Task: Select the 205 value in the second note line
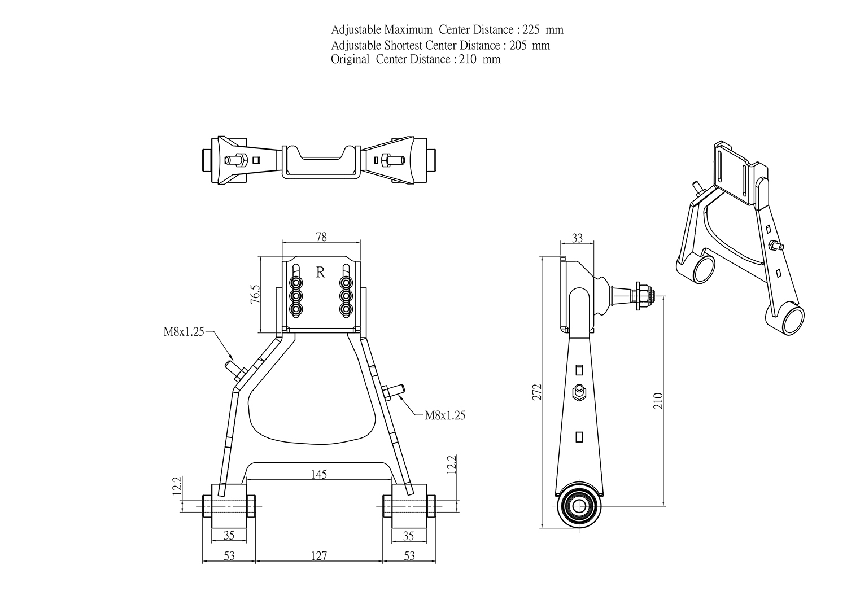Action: pos(518,45)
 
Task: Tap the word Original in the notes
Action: pos(350,59)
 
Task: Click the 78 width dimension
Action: pos(321,237)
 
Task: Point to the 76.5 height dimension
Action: pos(256,295)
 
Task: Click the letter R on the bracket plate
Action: pos(320,272)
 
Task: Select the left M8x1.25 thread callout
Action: pos(184,331)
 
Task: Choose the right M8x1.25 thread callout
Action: pos(445,415)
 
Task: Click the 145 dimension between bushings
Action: pos(319,474)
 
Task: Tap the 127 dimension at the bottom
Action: pos(319,556)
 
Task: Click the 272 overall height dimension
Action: pos(538,392)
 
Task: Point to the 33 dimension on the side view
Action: pos(577,238)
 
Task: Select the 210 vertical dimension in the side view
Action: pos(658,401)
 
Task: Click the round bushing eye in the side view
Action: pos(579,506)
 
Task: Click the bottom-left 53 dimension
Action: pos(229,556)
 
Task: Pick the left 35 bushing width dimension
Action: pos(229,535)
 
